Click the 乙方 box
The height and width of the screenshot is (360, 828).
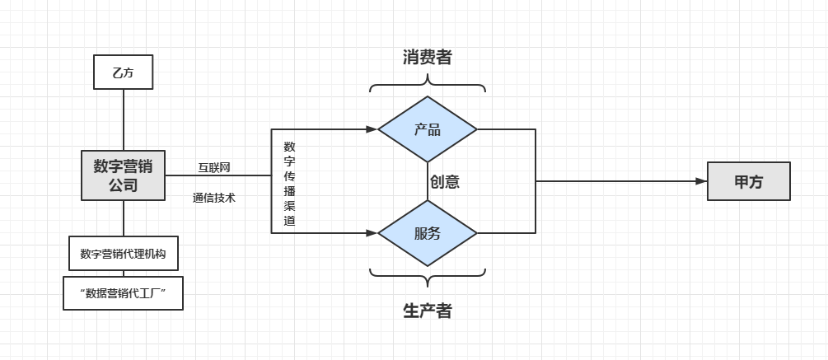click(123, 73)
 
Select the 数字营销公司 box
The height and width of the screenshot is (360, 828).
click(123, 175)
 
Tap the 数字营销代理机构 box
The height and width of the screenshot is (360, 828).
click(123, 254)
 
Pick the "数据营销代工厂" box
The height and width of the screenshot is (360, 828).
click(123, 293)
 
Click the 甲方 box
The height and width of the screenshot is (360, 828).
click(748, 182)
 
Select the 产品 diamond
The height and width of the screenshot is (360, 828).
click(428, 129)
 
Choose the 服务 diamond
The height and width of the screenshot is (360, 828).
click(428, 233)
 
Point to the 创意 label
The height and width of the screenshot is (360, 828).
click(444, 182)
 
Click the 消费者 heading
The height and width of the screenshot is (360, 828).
click(427, 57)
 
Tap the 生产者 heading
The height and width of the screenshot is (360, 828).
click(427, 311)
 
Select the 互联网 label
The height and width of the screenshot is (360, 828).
click(213, 167)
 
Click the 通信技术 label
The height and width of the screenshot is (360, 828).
click(213, 198)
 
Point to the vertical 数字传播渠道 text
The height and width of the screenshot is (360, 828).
click(289, 184)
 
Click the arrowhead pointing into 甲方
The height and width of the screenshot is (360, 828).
click(701, 181)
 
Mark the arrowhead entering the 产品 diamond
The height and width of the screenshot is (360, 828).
click(372, 129)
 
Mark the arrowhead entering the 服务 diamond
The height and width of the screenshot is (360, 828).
click(372, 233)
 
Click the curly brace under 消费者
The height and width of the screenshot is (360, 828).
click(428, 82)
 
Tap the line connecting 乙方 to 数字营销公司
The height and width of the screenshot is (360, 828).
click(124, 119)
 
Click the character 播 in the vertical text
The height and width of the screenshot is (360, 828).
click(289, 191)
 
